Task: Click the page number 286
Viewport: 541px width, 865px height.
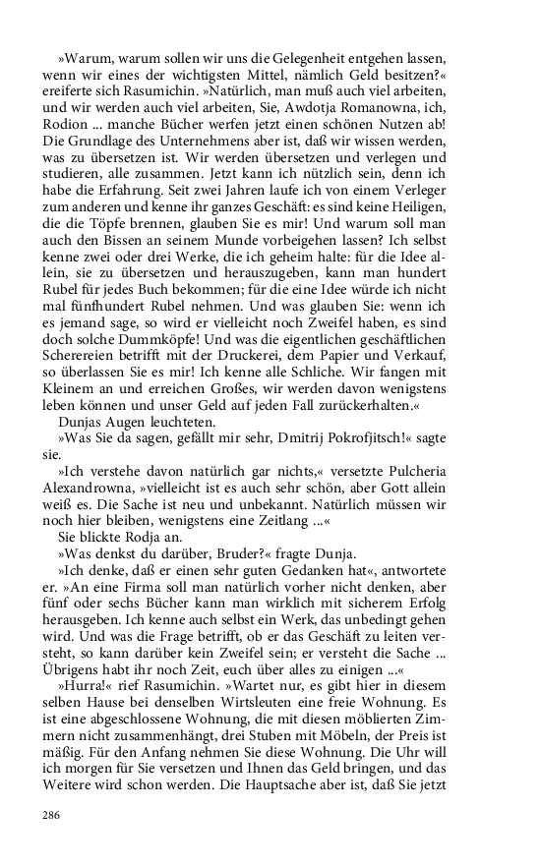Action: pyautogui.click(x=52, y=815)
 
